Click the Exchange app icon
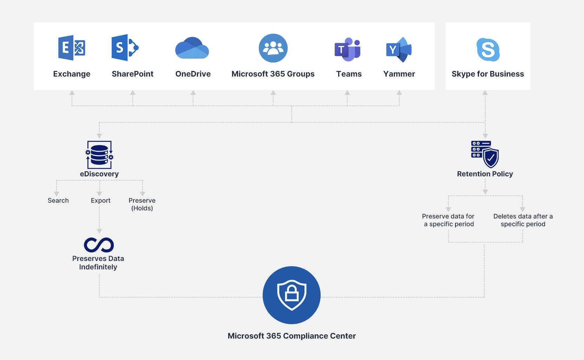pyautogui.click(x=72, y=48)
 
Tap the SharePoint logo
pyautogui.click(x=125, y=48)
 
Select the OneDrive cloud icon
pyautogui.click(x=192, y=48)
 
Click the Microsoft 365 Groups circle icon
pyautogui.click(x=273, y=48)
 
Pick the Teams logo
pyautogui.click(x=347, y=49)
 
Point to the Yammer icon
pyautogui.click(x=399, y=49)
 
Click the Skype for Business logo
pyautogui.click(x=488, y=50)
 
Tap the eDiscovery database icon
pyautogui.click(x=99, y=155)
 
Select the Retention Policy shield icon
pyautogui.click(x=485, y=154)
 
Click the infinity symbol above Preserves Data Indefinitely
pyautogui.click(x=99, y=245)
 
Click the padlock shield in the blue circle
pyautogui.click(x=291, y=295)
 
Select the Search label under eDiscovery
pyautogui.click(x=58, y=201)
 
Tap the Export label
pyautogui.click(x=100, y=201)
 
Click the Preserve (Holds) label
pyautogui.click(x=142, y=204)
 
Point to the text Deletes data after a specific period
pyautogui.click(x=523, y=220)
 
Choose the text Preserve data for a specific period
pyautogui.click(x=448, y=220)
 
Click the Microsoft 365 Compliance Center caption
pyautogui.click(x=291, y=336)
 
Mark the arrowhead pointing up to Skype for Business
pyautogui.click(x=485, y=93)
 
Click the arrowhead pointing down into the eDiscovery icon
pyautogui.click(x=99, y=136)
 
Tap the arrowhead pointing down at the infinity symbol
pyautogui.click(x=99, y=231)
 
